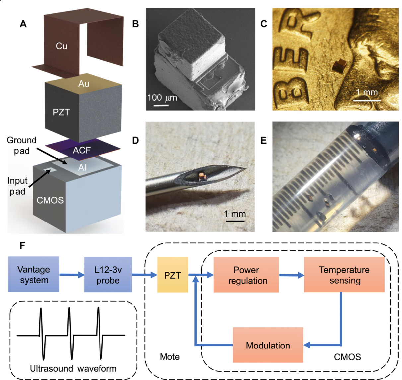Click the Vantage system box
pos(33,274)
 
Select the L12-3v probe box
pos(108,275)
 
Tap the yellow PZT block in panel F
pos(172,275)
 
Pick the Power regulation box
pos(246,275)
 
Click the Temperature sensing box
pos(344,275)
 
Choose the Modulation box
pos(268,345)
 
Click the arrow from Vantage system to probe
pos(72,274)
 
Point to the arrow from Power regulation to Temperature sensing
pos(291,275)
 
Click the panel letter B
pos(135,24)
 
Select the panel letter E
pos(264,140)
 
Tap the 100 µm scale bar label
pos(162,98)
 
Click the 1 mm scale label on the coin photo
pos(367,92)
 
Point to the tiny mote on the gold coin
pos(339,65)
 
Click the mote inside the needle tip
pos(201,175)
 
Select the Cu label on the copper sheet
pos(61,46)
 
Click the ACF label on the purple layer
pos(82,150)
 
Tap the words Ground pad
pos(22,145)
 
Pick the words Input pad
pos(17,186)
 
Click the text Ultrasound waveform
pos(73,368)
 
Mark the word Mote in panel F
pos(170,357)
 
